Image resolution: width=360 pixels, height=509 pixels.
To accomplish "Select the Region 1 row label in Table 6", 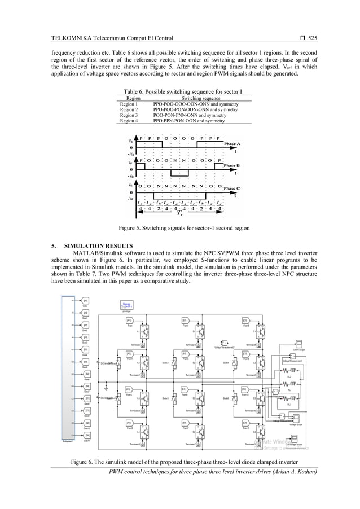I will [x=129, y=104].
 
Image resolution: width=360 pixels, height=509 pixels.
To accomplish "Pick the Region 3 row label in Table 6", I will [x=129, y=115].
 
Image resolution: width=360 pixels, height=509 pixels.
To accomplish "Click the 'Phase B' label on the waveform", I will [x=231, y=166].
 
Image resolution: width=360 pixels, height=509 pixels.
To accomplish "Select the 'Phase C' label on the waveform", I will [x=231, y=188].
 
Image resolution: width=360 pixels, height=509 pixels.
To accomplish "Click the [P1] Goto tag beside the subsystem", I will [x=85, y=301].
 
